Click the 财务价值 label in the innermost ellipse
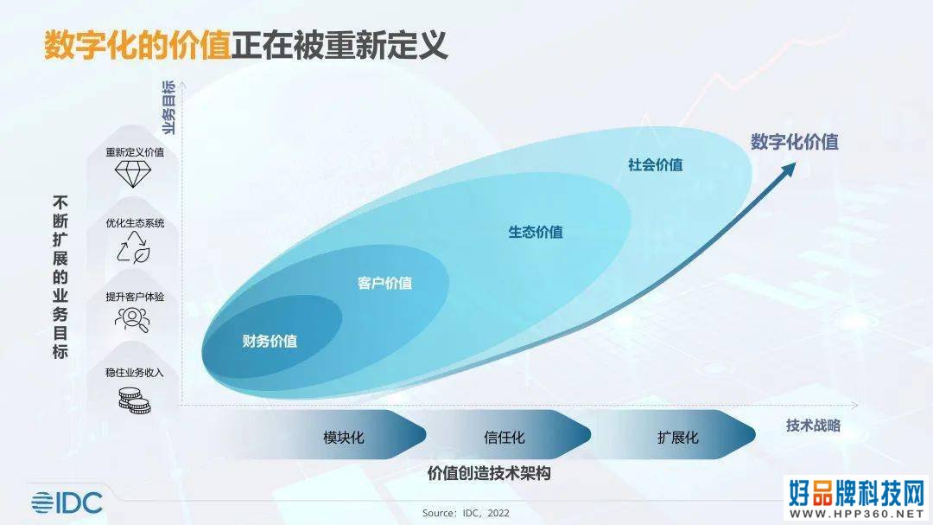click(x=270, y=341)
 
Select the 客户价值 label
click(x=385, y=283)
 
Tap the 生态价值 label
click(x=536, y=232)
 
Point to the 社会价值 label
click(x=655, y=165)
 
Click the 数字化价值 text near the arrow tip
click(x=795, y=142)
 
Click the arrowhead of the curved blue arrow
click(x=788, y=170)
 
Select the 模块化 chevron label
click(x=343, y=438)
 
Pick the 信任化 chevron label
click(x=505, y=438)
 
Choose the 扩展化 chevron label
click(x=678, y=438)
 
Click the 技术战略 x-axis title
click(x=813, y=426)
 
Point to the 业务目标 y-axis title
click(x=169, y=107)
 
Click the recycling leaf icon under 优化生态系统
click(x=133, y=247)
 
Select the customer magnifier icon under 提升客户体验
click(x=132, y=319)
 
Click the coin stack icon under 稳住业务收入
click(x=134, y=400)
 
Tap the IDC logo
click(x=67, y=503)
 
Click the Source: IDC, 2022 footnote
click(x=466, y=513)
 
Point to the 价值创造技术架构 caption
click(x=489, y=473)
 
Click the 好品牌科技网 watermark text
click(x=857, y=493)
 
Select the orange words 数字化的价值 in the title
click(x=137, y=45)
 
